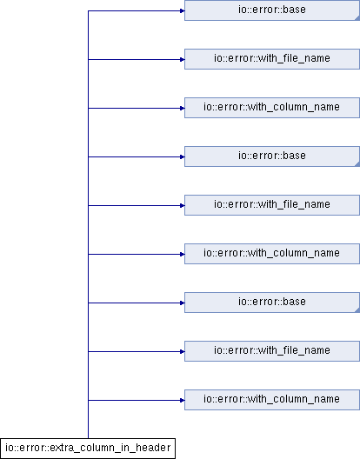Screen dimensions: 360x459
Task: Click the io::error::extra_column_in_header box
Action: [88, 449]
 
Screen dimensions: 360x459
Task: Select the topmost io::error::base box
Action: [272, 10]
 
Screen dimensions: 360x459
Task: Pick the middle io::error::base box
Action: [272, 156]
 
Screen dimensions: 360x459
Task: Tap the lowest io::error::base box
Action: [272, 303]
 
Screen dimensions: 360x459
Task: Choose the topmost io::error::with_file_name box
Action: [272, 59]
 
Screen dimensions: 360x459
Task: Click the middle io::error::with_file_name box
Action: [272, 205]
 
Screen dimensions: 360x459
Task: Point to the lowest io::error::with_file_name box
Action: [272, 351]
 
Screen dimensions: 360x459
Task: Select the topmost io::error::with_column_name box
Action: [272, 108]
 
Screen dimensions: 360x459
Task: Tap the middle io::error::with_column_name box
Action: [272, 254]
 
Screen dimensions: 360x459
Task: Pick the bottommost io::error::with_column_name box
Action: [272, 400]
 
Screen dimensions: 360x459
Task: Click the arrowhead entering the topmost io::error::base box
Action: [183, 10]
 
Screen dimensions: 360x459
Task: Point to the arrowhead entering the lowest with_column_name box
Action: [183, 400]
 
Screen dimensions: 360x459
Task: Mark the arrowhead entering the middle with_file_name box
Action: [183, 205]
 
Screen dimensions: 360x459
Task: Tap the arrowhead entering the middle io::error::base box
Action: [183, 156]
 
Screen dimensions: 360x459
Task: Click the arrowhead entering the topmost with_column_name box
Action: [183, 109]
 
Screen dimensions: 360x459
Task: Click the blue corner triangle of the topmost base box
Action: [358, 18]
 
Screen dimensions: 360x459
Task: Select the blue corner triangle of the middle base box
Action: [358, 164]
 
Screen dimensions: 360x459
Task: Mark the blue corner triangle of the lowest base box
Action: [358, 310]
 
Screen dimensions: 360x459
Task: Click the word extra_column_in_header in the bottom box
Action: [110, 449]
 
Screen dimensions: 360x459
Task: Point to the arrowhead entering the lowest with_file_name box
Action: [183, 351]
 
